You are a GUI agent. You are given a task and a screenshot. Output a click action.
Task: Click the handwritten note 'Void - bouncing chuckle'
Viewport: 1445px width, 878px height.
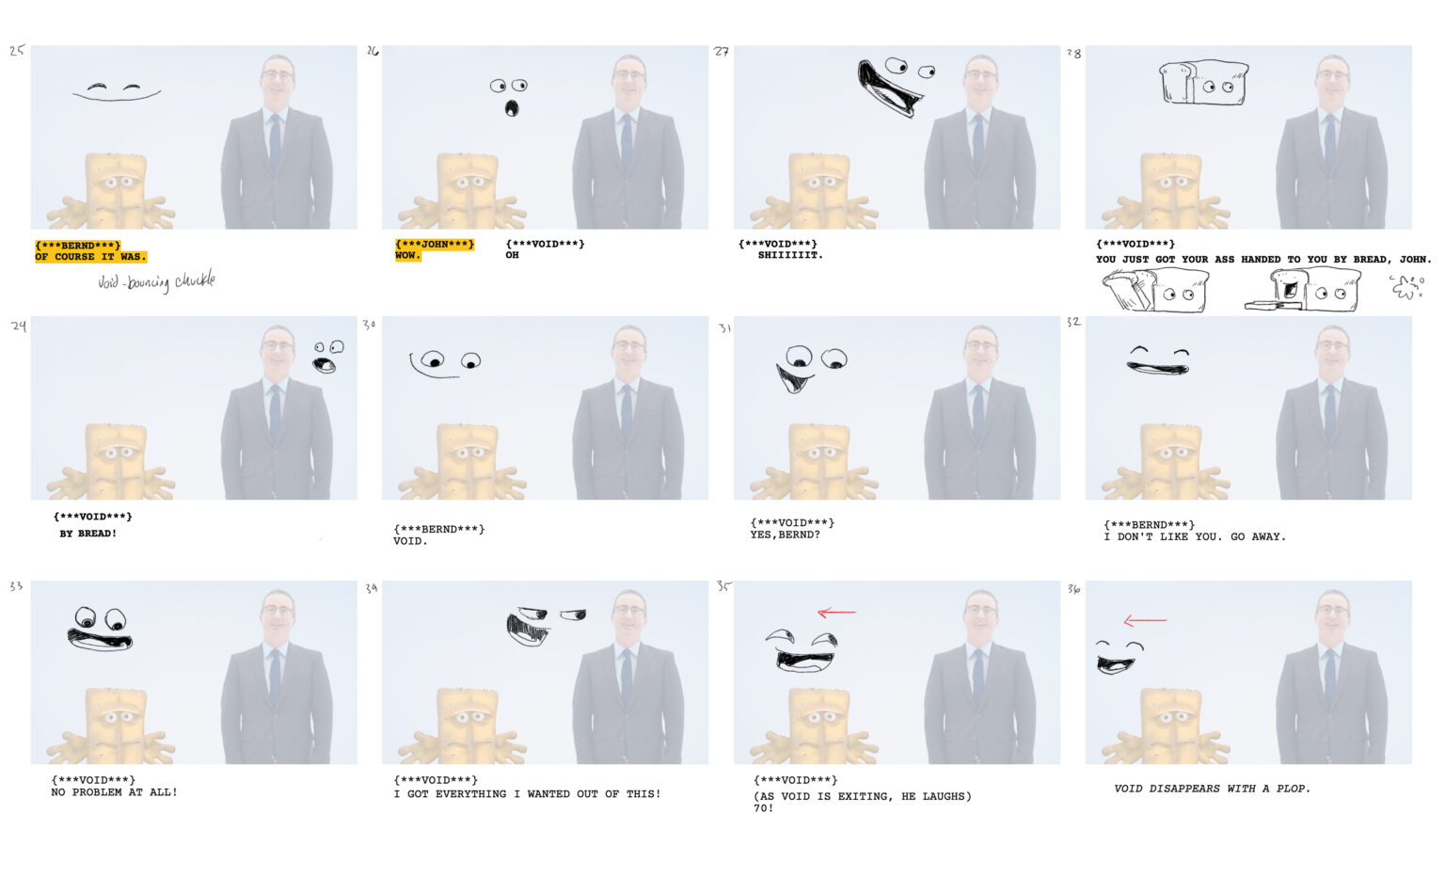156,281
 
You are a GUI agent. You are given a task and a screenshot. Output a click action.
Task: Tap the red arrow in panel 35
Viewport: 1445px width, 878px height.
836,612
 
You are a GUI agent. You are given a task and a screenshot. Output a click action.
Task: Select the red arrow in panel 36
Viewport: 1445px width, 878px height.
1145,620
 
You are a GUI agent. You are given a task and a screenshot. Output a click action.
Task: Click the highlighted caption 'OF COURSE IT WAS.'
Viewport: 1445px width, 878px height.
91,257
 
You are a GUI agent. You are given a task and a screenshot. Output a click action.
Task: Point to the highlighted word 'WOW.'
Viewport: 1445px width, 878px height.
407,255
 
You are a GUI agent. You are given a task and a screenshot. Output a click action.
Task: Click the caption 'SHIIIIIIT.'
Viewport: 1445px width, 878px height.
790,255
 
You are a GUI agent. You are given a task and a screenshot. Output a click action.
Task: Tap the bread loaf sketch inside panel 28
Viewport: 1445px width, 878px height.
1204,82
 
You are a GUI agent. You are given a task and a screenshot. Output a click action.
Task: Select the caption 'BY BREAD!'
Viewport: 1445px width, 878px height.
88,534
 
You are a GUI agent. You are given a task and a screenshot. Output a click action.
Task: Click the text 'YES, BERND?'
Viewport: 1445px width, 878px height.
786,535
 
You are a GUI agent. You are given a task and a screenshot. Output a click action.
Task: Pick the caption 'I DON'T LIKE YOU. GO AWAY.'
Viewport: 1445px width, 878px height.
1195,536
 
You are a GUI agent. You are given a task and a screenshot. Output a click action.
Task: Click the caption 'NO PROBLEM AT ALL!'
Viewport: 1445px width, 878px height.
114,792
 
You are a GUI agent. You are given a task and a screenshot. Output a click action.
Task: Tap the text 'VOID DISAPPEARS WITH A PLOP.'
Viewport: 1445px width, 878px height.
1212,789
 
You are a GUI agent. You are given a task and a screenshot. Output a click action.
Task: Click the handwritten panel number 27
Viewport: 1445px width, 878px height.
722,51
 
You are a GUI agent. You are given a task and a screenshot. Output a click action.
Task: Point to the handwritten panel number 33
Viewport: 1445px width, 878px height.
16,585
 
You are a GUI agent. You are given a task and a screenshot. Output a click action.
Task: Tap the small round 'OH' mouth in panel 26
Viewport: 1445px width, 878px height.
512,107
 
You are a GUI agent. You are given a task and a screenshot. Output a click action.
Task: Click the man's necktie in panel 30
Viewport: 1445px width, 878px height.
627,413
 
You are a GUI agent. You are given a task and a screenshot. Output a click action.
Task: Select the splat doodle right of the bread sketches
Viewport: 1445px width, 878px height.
1407,287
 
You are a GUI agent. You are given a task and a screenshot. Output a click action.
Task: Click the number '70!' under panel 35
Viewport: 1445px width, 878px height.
763,808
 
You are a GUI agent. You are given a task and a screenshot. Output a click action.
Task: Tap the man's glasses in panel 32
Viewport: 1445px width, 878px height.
1332,345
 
